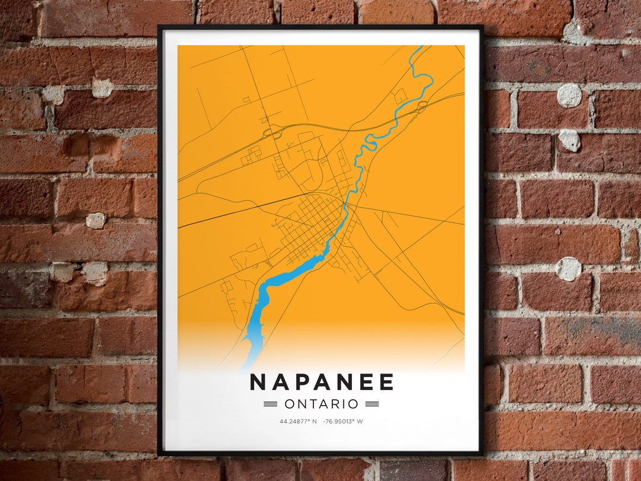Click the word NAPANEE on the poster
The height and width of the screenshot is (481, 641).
point(321,382)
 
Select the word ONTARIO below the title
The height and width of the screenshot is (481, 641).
point(321,404)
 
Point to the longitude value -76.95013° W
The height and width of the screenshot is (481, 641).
point(343,422)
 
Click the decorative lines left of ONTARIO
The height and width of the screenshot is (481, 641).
point(271,404)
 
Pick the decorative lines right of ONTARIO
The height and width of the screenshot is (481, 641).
point(372,404)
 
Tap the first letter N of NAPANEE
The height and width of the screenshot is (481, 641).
point(258,382)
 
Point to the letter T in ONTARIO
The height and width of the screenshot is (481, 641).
point(315,404)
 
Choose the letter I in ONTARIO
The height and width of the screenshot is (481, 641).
point(347,404)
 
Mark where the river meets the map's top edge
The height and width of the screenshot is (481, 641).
point(421,47)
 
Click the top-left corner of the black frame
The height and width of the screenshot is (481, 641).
point(159,27)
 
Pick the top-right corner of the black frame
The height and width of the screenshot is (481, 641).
point(483,27)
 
